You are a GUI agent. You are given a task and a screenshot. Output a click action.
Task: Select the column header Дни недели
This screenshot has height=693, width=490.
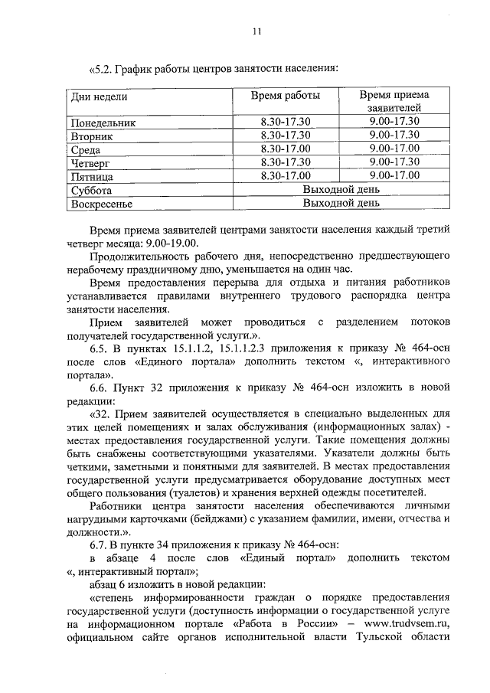(99, 96)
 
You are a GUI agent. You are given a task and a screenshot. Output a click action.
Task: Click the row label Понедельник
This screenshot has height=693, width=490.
(103, 123)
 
